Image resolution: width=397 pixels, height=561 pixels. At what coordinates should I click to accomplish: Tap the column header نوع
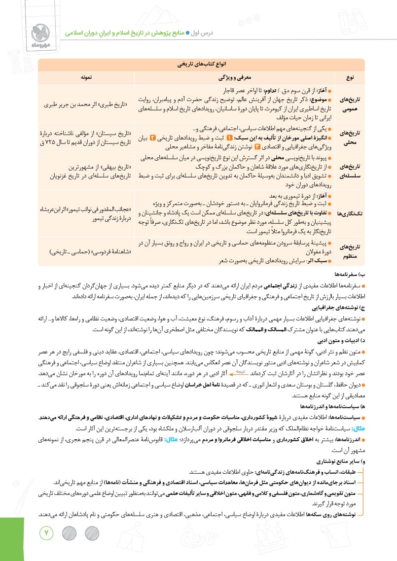pos(350,78)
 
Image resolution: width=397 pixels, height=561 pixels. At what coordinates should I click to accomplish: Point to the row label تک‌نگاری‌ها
pos(350,213)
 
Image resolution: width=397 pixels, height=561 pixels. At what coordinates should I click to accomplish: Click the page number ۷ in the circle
pos(48,532)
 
